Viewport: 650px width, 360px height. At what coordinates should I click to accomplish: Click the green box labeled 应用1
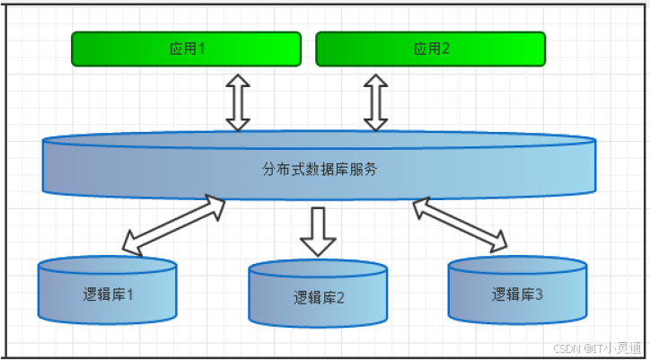click(186, 49)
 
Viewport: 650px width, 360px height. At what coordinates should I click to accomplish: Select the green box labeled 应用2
click(430, 49)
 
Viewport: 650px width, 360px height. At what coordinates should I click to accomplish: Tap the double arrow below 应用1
click(237, 101)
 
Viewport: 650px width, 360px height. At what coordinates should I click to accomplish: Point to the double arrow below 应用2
click(375, 101)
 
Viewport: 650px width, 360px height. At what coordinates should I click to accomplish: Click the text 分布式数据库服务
click(320, 168)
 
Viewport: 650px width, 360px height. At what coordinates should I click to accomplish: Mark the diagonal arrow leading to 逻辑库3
click(459, 224)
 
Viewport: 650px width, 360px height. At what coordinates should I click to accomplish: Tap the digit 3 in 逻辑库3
click(539, 294)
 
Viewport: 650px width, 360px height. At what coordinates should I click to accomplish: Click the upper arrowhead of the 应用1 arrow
click(237, 79)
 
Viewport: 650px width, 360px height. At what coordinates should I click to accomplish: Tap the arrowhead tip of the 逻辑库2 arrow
click(318, 254)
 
